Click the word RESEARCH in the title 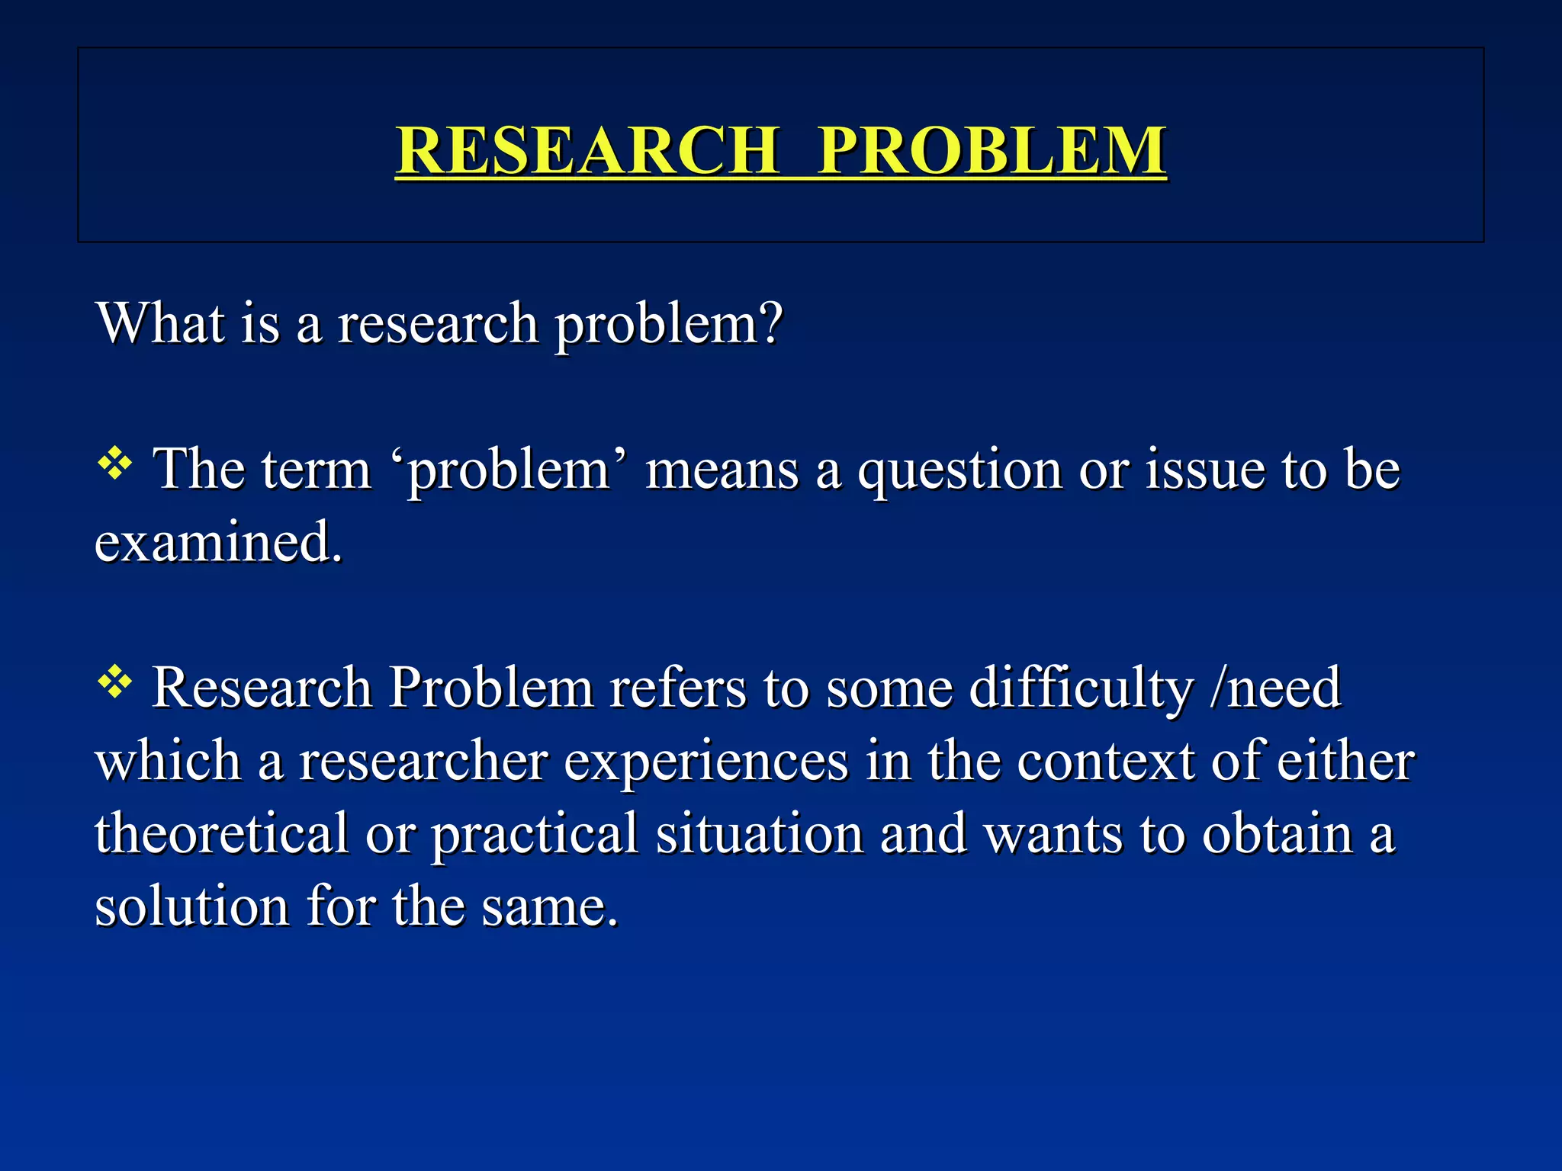[x=587, y=149]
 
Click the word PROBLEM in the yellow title [x=992, y=149]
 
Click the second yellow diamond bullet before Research [x=115, y=682]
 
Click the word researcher [x=423, y=762]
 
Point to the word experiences [x=705, y=762]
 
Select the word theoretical [x=221, y=833]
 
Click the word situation [x=760, y=833]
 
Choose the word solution [x=191, y=906]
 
